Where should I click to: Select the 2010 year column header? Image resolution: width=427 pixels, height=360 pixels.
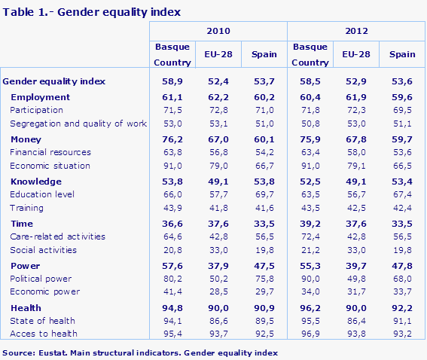(218, 32)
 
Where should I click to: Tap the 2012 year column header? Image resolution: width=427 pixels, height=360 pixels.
(356, 32)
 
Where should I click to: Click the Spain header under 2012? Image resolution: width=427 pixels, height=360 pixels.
(402, 54)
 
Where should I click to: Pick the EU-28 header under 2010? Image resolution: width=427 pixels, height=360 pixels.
(218, 54)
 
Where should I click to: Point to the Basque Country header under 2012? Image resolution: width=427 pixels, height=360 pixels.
(310, 54)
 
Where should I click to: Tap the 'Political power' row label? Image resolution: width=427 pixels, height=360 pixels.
(41, 278)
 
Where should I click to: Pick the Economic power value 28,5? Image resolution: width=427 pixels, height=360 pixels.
(218, 291)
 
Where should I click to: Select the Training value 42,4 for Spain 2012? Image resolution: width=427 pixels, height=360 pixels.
(402, 208)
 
